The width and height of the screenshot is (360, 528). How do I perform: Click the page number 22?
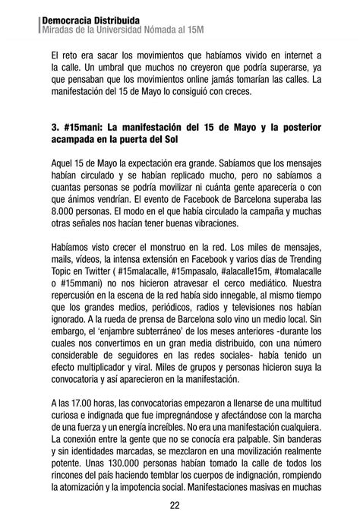coord(175,506)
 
